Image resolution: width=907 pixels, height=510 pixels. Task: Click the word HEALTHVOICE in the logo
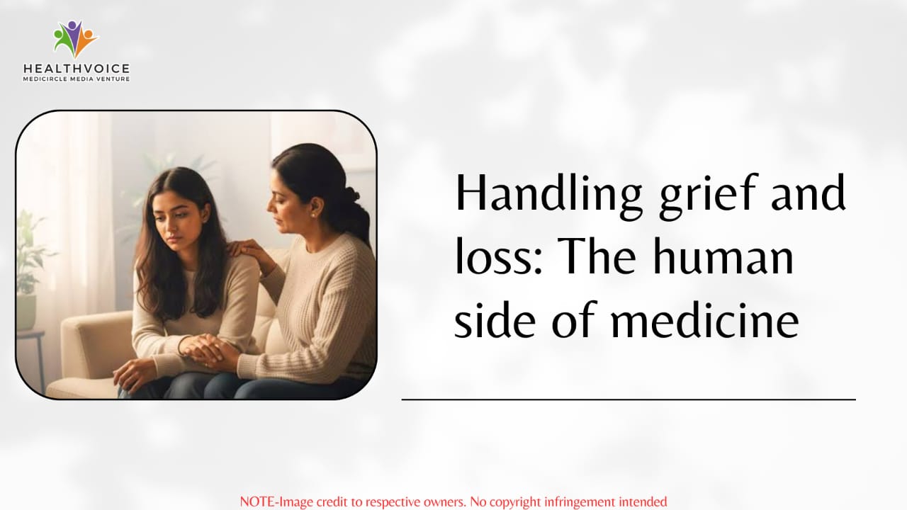[x=77, y=69]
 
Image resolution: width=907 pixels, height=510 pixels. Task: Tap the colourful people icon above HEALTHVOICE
[x=76, y=39]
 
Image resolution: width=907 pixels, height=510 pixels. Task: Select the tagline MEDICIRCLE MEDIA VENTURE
[x=77, y=79]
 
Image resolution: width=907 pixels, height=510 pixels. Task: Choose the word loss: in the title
[x=498, y=256]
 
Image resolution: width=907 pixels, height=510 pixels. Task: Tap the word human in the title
[x=723, y=256]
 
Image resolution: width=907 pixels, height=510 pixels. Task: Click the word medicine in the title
[x=705, y=319]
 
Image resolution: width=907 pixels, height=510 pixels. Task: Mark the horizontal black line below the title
[x=629, y=399]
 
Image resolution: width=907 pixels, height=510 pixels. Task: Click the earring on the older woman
[x=313, y=215]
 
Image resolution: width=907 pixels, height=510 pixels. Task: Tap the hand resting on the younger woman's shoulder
[x=248, y=249]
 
